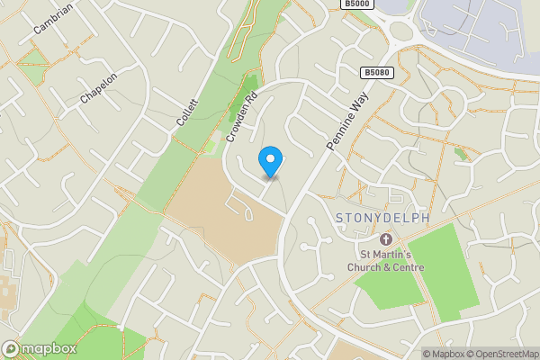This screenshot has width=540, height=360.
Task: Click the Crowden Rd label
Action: [242, 119]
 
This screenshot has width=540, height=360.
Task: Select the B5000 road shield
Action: [355, 4]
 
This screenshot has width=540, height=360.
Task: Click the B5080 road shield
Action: [377, 72]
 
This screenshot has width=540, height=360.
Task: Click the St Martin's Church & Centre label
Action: [386, 260]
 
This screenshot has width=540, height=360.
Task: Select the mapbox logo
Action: [39, 348]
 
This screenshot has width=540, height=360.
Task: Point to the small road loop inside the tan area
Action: [241, 208]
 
